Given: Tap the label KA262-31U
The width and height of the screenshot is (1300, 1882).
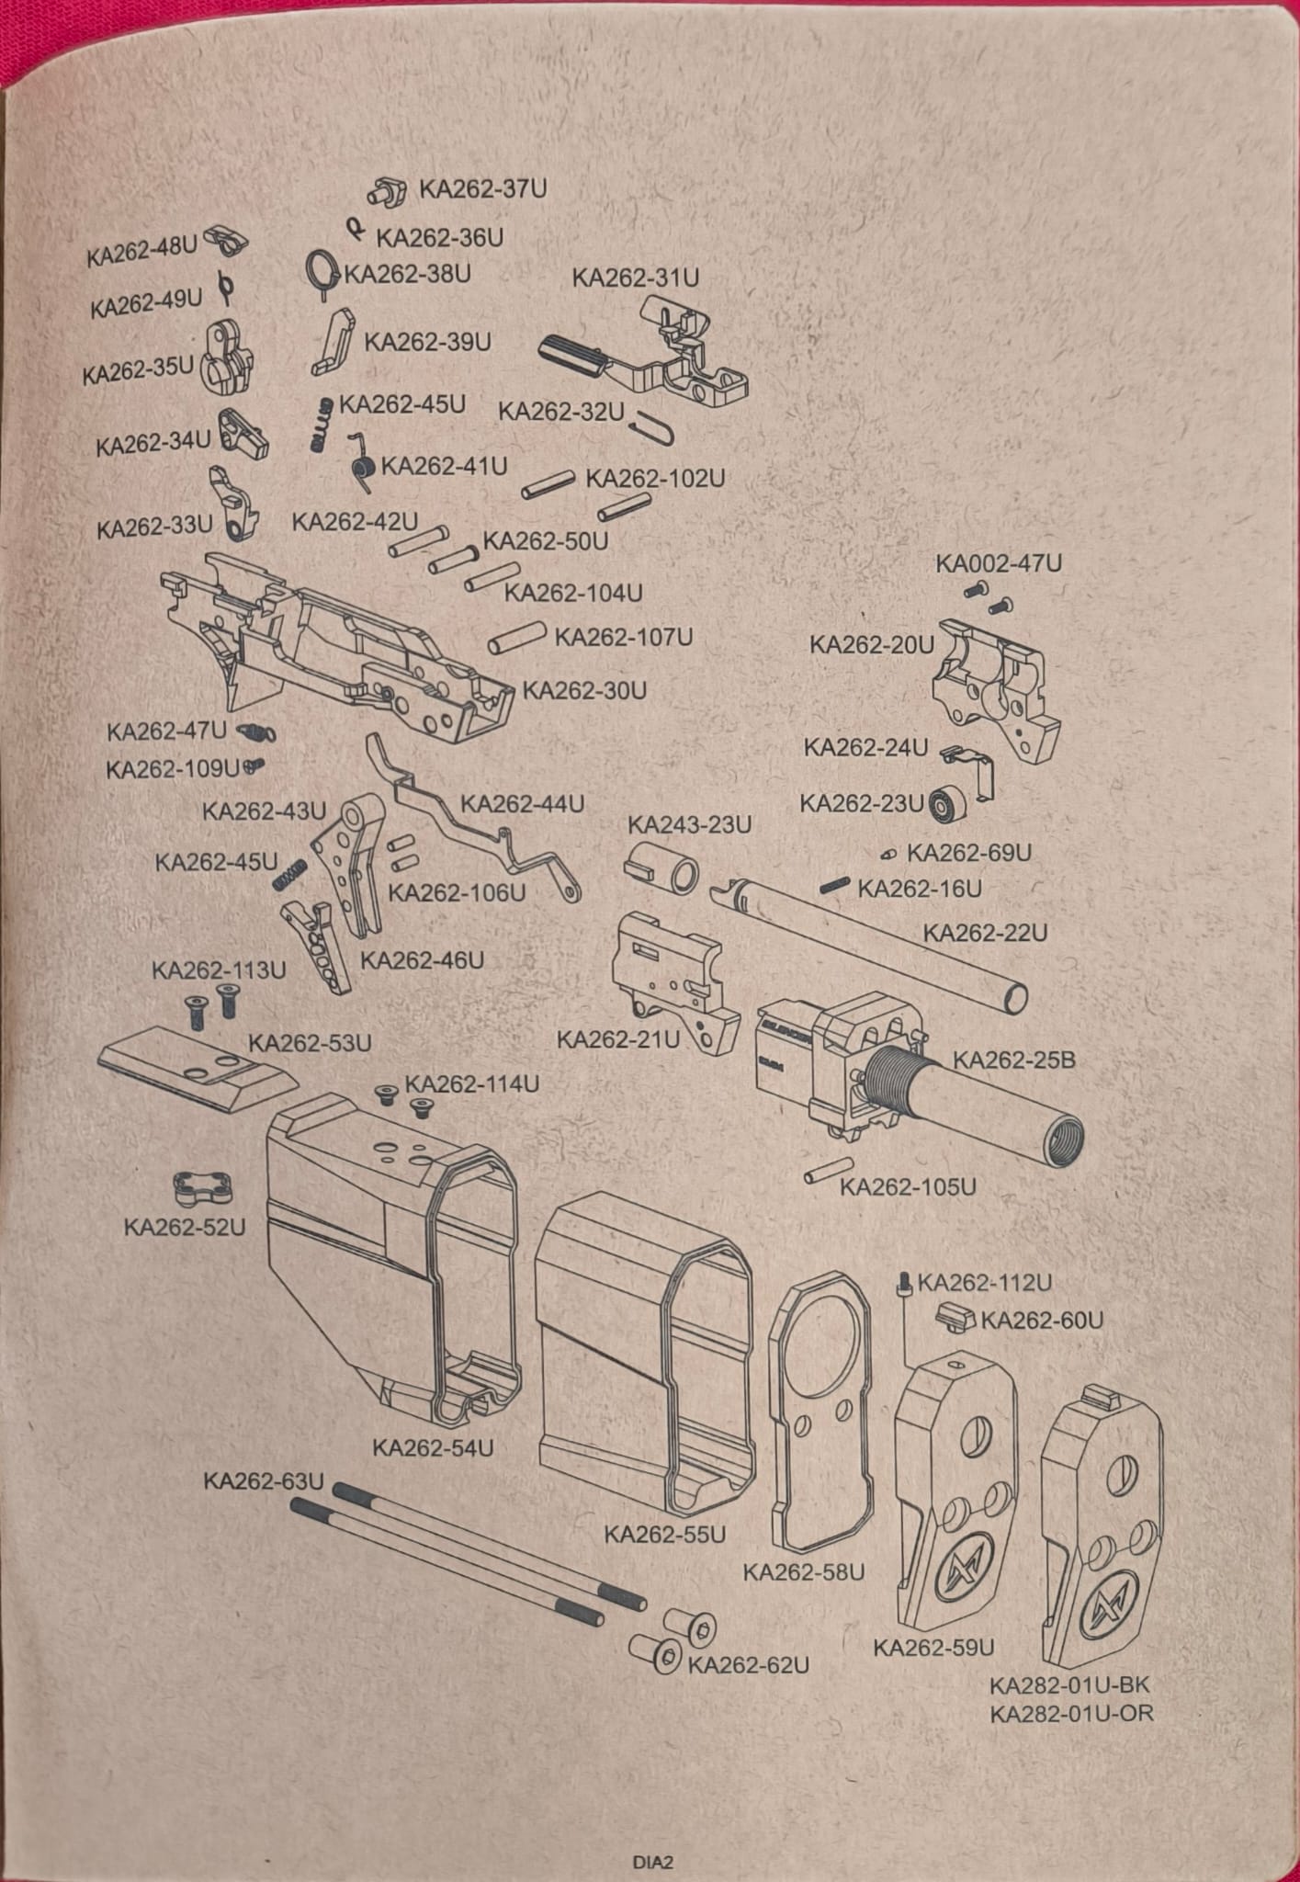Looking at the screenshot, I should [636, 278].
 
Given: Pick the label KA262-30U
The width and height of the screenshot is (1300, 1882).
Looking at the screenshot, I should [584, 690].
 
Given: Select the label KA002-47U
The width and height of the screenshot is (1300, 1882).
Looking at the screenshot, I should [999, 563].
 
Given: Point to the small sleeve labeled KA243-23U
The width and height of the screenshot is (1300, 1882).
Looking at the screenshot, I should [661, 867].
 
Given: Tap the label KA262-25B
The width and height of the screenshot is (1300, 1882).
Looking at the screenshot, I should [1013, 1060].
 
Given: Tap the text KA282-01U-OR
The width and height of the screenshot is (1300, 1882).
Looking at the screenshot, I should [1070, 1713].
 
